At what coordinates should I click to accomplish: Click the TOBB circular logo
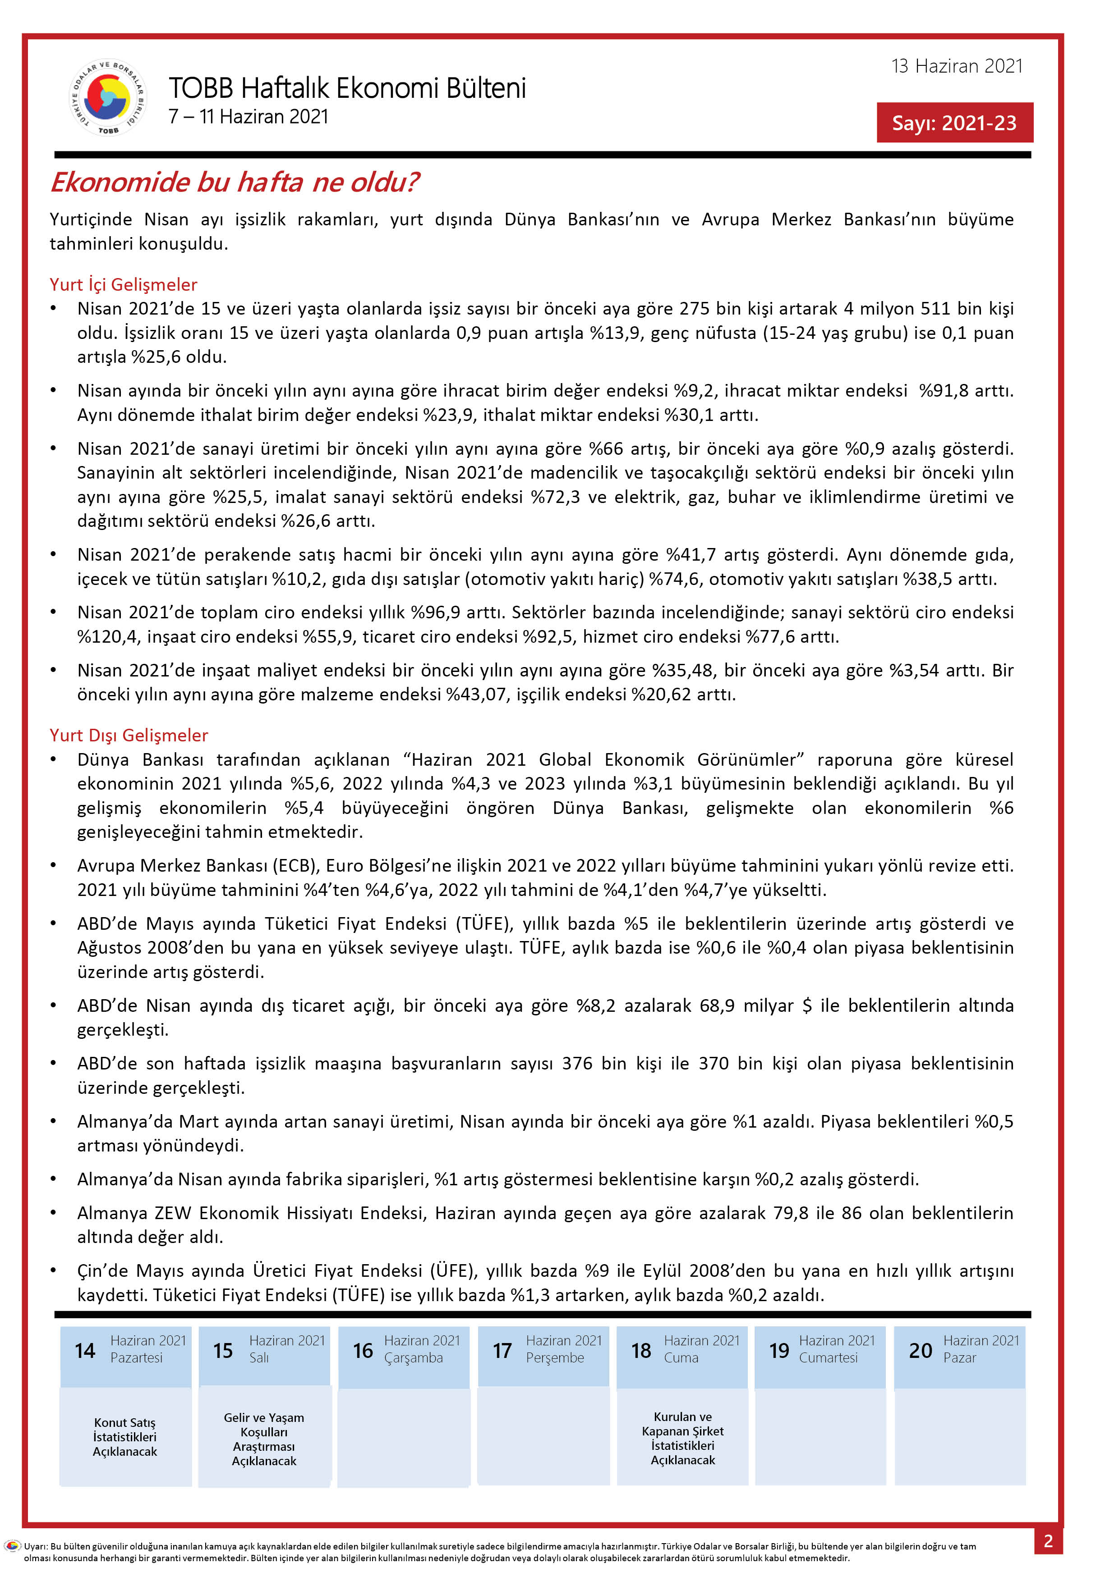tap(108, 97)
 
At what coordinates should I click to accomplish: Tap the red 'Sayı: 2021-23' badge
tap(954, 123)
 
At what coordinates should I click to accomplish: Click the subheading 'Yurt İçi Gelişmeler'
tap(123, 284)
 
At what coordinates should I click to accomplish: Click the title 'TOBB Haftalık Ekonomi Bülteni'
tap(347, 88)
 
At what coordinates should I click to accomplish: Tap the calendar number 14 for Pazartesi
tap(85, 1350)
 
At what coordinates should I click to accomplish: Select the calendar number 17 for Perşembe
tap(502, 1350)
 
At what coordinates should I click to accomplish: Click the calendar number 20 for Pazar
tap(920, 1350)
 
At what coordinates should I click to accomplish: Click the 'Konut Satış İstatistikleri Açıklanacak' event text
tap(125, 1437)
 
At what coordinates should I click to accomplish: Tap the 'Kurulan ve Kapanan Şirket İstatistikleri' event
tap(683, 1439)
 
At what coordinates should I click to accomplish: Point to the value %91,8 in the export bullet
tap(943, 390)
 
